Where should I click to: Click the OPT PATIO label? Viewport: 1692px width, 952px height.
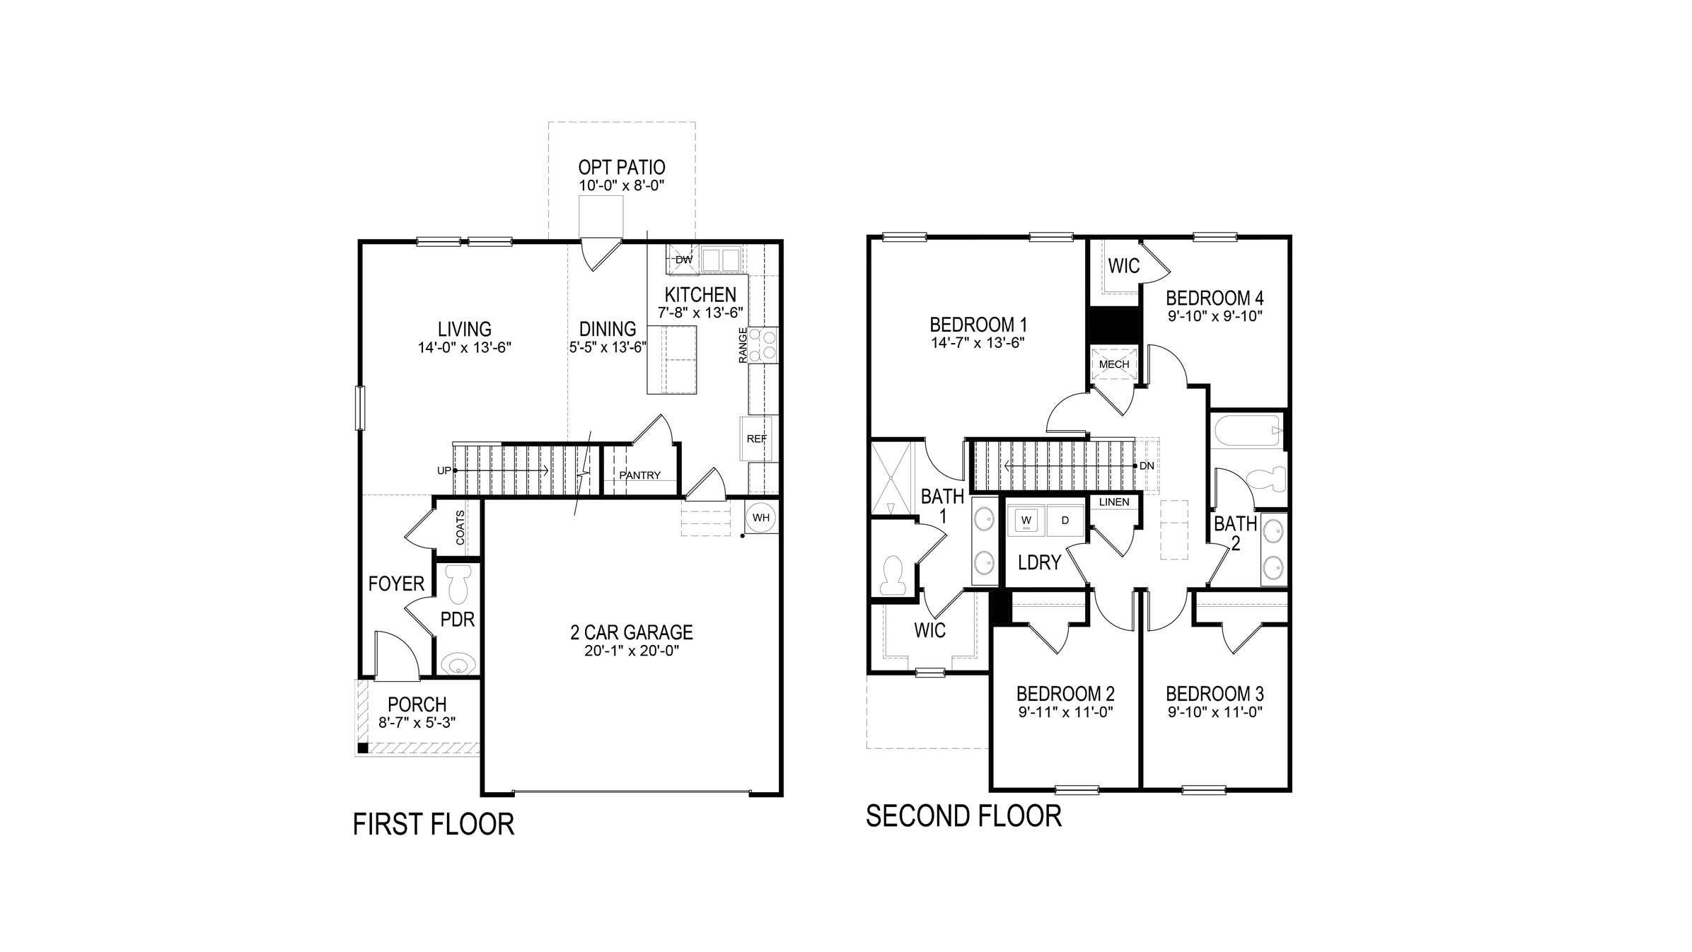621,168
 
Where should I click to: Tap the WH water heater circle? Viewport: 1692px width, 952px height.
761,518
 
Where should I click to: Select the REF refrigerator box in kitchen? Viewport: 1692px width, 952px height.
756,439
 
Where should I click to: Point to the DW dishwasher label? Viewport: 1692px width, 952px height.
683,260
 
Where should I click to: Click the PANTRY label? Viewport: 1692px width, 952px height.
639,475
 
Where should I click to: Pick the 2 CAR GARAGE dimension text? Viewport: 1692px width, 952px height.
632,651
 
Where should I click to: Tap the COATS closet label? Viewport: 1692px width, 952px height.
460,528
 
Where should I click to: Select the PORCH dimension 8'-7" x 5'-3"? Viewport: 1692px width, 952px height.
417,722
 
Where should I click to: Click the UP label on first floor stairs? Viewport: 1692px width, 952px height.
444,470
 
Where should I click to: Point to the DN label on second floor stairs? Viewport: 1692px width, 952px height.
1147,466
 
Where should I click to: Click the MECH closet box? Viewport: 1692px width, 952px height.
1114,364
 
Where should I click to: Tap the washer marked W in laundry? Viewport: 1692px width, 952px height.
1026,521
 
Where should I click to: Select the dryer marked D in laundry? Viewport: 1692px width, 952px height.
1065,521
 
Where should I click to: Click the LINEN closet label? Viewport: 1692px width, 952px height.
1114,502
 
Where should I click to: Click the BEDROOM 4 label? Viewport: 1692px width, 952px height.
1215,298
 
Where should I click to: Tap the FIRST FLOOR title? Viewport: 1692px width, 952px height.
433,825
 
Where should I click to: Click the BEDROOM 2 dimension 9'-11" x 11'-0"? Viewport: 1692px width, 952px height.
1066,712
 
